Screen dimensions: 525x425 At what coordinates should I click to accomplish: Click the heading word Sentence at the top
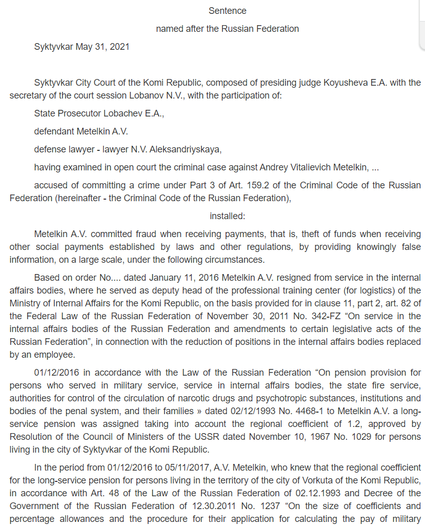227,11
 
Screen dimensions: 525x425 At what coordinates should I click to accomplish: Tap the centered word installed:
227,216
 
